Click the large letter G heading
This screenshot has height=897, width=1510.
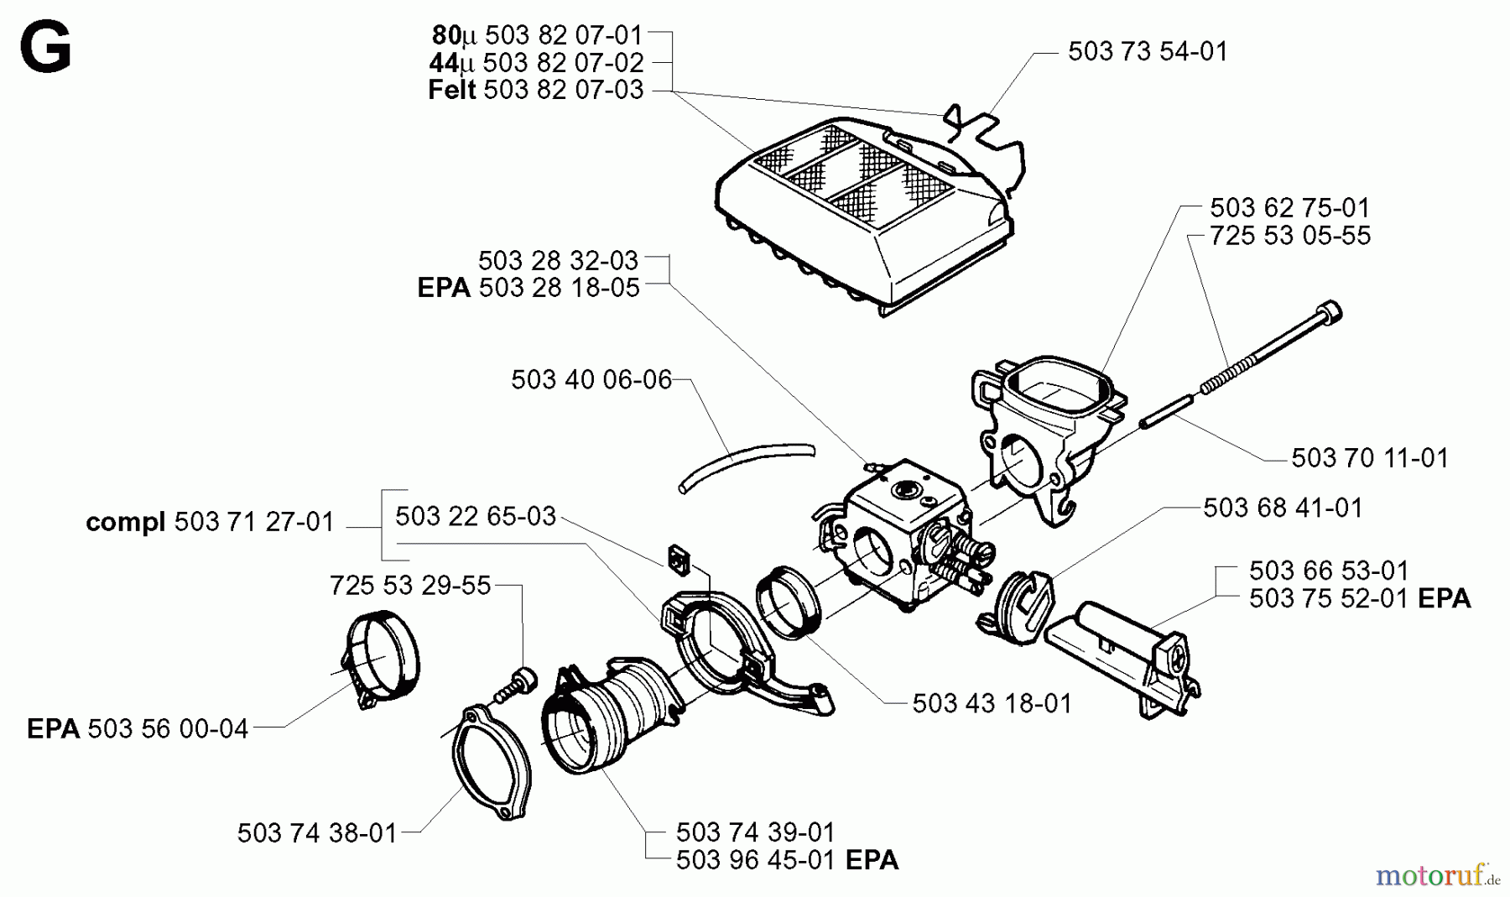[x=45, y=48]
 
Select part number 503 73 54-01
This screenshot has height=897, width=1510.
[x=1147, y=52]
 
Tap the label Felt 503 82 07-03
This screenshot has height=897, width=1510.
[x=535, y=90]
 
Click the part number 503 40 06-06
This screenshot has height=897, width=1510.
[x=591, y=380]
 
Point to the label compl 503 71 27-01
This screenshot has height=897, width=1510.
[x=210, y=523]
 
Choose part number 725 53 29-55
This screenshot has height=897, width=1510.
[x=409, y=585]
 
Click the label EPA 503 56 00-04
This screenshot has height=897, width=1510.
[x=138, y=728]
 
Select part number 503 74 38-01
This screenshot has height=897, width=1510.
[x=316, y=833]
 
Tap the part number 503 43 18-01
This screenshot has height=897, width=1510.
[x=992, y=703]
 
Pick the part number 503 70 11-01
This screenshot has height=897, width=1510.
[x=1369, y=458]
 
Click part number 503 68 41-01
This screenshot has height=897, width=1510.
[x=1283, y=508]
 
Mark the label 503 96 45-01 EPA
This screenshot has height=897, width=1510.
[x=786, y=861]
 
